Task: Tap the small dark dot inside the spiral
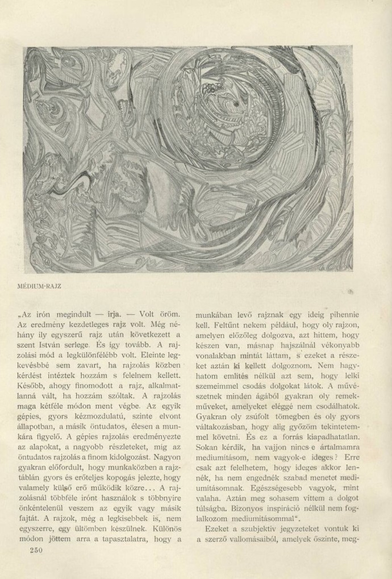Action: pos(234,106)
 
